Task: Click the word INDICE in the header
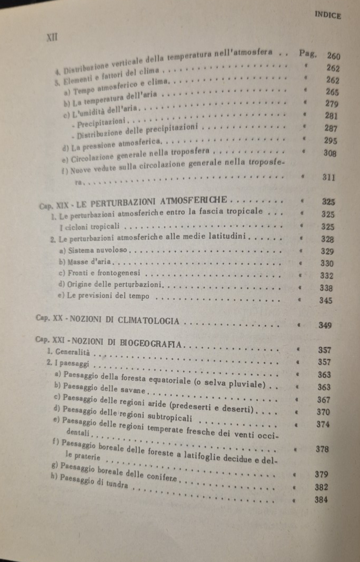click(x=327, y=16)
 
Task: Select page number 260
click(x=334, y=56)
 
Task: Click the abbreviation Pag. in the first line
click(x=307, y=53)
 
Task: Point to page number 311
click(x=329, y=177)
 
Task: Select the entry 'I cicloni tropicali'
click(x=89, y=226)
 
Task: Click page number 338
click(x=327, y=288)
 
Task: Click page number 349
click(x=325, y=326)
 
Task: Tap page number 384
click(x=321, y=500)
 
